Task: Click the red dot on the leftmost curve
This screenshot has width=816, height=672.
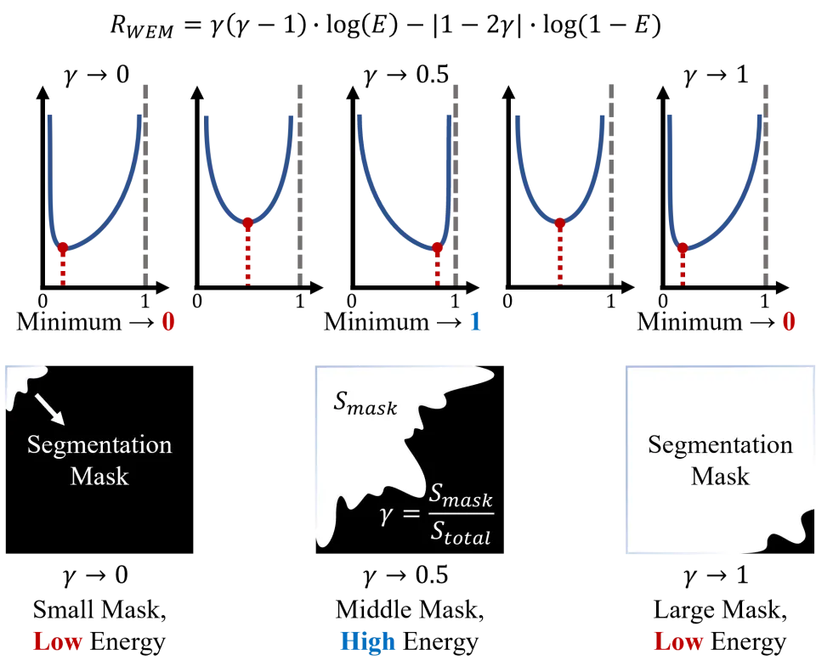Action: click(62, 249)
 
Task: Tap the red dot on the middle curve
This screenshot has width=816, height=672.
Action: click(438, 249)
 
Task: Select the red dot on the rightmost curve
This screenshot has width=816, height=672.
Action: click(682, 249)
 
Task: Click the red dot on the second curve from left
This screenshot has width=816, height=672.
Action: click(248, 223)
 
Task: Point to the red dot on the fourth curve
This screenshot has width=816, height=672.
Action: click(559, 224)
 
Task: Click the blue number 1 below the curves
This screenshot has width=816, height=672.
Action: click(476, 322)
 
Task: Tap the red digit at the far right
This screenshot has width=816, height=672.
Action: click(789, 322)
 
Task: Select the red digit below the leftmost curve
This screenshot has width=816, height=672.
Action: click(168, 322)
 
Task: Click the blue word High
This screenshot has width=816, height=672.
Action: click(367, 641)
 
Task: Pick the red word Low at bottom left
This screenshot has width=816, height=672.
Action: click(57, 641)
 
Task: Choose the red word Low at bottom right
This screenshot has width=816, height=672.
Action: click(679, 641)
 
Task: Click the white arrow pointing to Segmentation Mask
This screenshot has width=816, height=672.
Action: click(49, 409)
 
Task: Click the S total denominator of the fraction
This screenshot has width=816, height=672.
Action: click(460, 534)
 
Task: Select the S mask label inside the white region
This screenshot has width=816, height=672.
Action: click(365, 404)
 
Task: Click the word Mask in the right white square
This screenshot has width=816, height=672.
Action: click(720, 476)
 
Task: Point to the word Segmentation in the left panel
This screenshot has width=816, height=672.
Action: click(99, 445)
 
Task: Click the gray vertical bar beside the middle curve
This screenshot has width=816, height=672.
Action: click(456, 183)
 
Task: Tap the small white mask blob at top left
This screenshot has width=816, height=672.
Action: click(20, 381)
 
